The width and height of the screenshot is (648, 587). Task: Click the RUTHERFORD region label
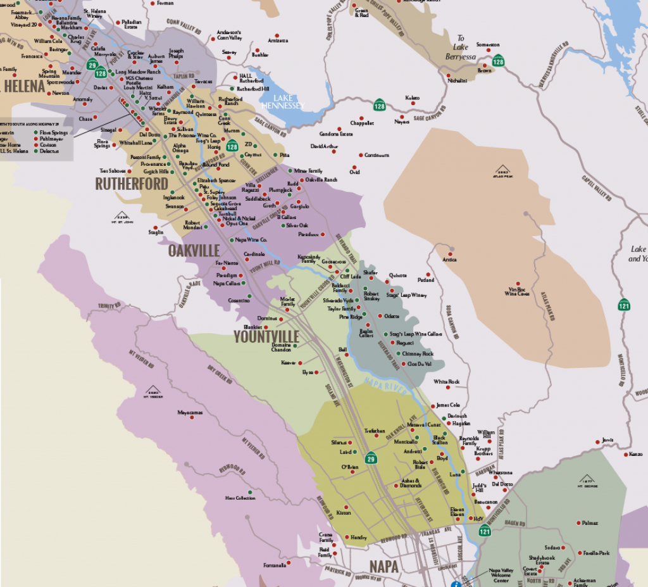click(132, 184)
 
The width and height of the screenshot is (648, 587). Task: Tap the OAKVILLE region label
click(194, 250)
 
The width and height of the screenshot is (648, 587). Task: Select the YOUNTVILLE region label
click(266, 336)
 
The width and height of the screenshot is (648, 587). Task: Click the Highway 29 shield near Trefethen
click(371, 458)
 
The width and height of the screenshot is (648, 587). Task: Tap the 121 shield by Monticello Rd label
click(485, 531)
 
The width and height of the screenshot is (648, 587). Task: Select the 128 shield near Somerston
click(498, 61)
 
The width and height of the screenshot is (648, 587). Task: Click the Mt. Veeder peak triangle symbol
click(153, 389)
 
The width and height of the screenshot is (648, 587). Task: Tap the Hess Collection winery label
click(240, 498)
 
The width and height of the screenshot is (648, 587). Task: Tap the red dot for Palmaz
click(578, 523)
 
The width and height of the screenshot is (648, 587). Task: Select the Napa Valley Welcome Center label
click(495, 574)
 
